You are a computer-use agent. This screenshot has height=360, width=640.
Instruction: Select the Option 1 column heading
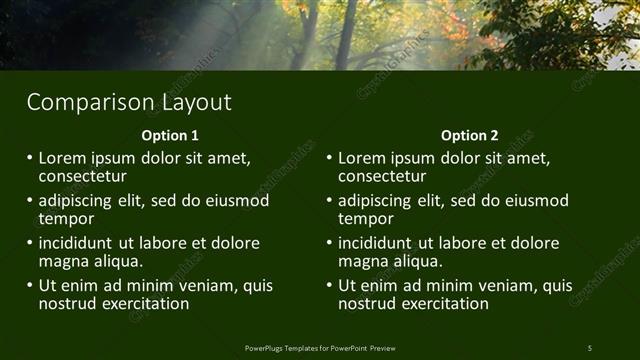(170, 135)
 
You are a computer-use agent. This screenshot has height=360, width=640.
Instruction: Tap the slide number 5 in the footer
(590, 347)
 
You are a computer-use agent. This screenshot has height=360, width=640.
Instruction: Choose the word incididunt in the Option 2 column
(376, 243)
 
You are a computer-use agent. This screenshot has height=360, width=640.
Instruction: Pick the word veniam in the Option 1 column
(204, 285)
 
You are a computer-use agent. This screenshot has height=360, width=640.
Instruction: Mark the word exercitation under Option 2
(442, 303)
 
